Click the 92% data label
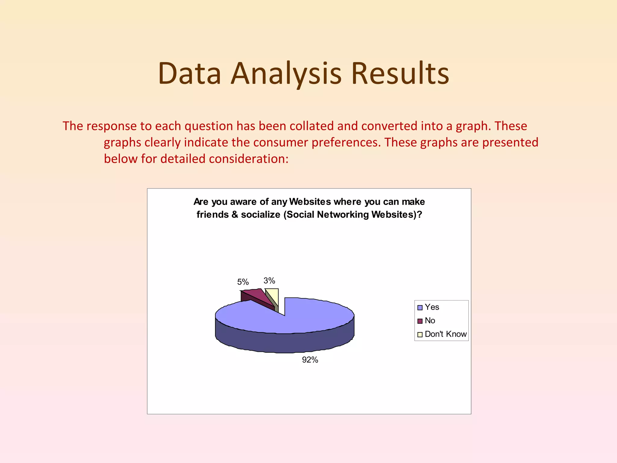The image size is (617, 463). point(310,360)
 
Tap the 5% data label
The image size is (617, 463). point(243,282)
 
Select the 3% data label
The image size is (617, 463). point(269,281)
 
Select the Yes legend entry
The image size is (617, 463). point(431,307)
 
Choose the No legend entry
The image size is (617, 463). point(430,321)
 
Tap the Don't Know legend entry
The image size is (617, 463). point(445,334)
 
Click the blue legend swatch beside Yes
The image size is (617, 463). point(420,307)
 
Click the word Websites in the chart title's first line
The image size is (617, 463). point(310,201)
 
